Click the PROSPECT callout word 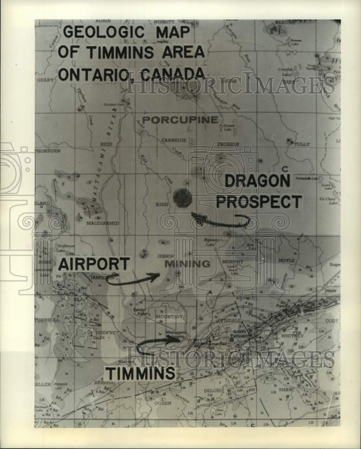pos(259,202)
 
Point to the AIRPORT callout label pos(94,264)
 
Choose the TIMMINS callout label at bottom pos(140,373)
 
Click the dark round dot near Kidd pos(182,198)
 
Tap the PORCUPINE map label pos(180,120)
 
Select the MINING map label pos(187,264)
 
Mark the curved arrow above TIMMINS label pos(157,345)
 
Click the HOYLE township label pos(286,260)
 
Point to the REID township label pos(106,144)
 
